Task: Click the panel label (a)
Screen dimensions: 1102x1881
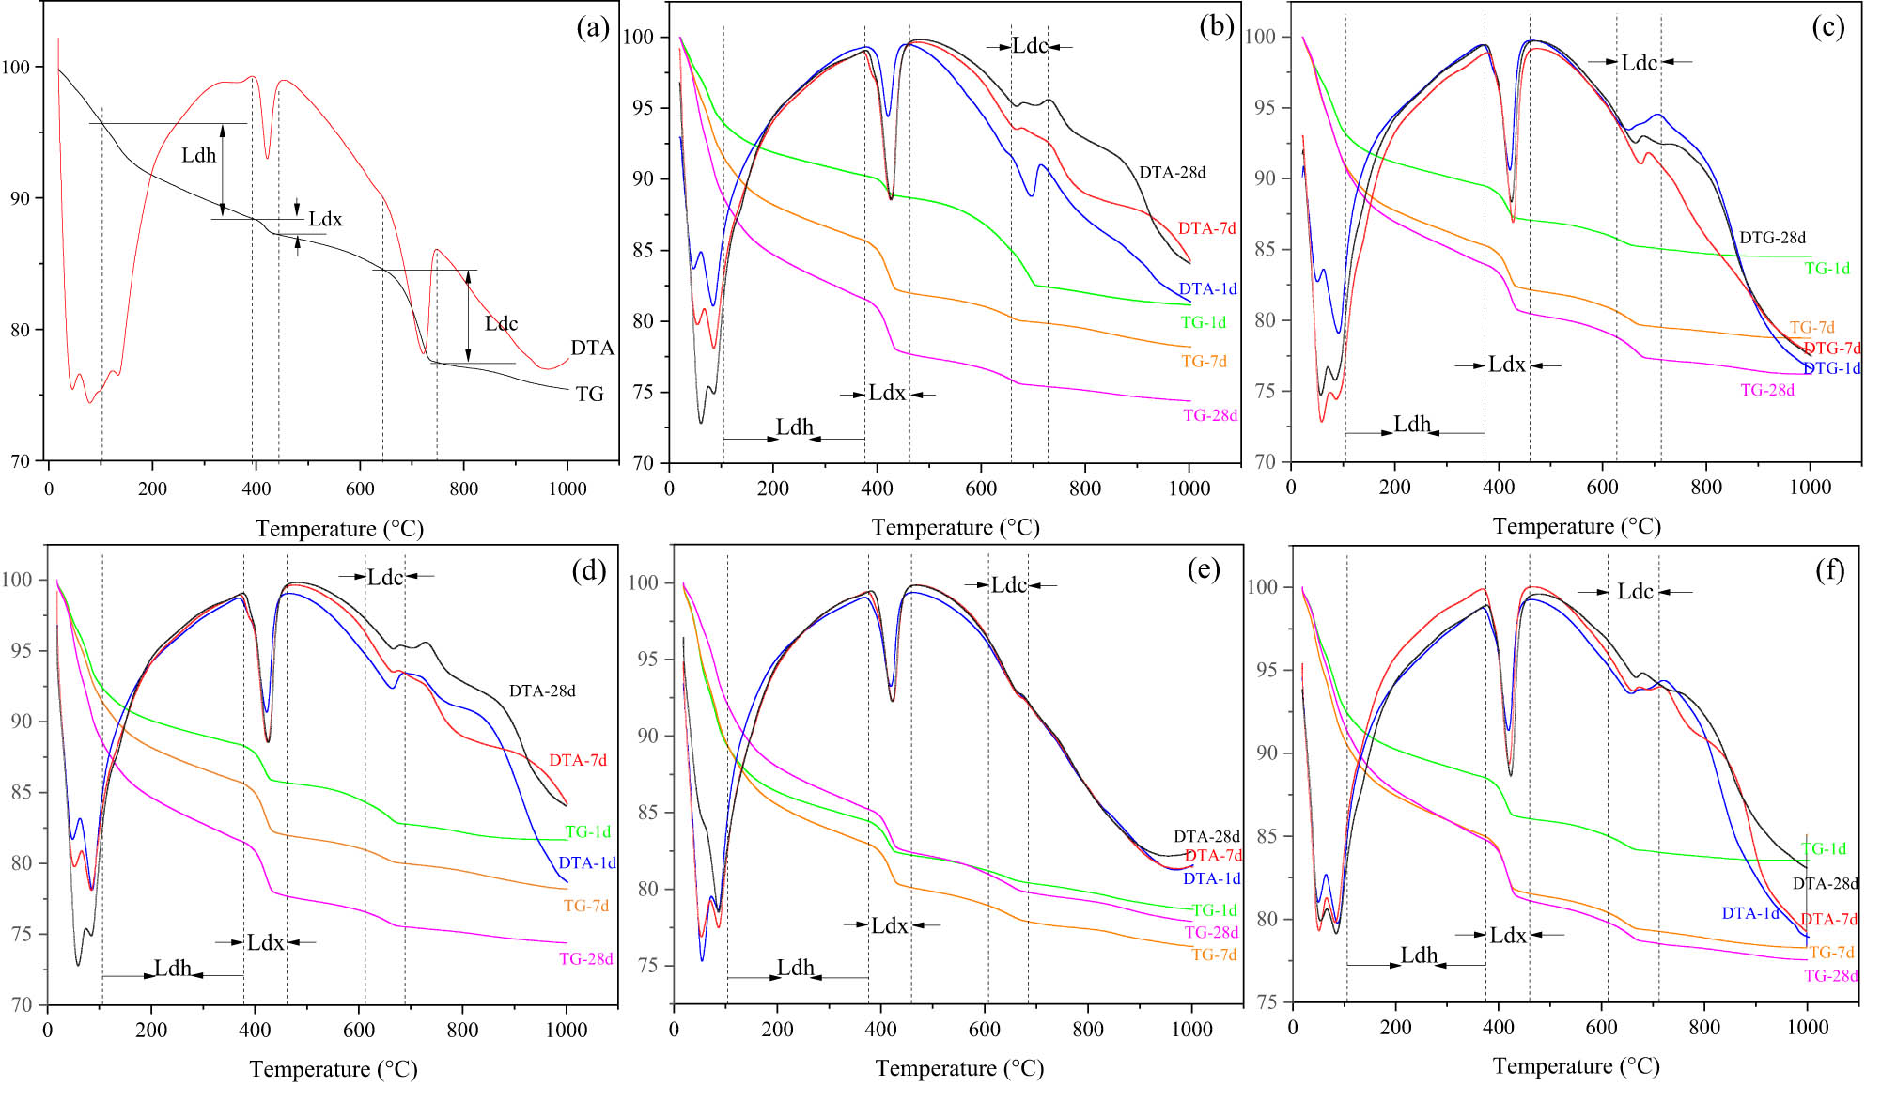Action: (593, 28)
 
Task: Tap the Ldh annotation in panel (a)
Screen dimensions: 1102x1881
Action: (199, 156)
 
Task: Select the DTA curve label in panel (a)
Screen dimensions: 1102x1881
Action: (592, 349)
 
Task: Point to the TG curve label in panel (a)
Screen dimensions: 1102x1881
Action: (590, 395)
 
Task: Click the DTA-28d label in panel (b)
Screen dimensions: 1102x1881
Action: (1172, 173)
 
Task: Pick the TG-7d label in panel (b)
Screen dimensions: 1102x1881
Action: (1204, 362)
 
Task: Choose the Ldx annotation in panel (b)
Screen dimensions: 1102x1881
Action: (887, 394)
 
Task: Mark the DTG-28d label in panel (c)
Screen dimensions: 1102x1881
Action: (1772, 238)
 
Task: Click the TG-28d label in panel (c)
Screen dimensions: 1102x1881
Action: (1767, 391)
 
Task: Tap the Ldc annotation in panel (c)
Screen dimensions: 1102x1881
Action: (1640, 63)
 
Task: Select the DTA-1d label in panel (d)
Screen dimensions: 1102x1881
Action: (587, 863)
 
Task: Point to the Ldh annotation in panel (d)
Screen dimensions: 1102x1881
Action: (173, 969)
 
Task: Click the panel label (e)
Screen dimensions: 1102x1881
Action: (1204, 569)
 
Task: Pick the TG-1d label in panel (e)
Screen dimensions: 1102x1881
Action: (1214, 910)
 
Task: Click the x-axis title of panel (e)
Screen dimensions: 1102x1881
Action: (959, 1069)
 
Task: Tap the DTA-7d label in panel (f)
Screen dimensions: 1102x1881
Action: (1828, 920)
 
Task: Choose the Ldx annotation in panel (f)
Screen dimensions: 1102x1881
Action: (1508, 936)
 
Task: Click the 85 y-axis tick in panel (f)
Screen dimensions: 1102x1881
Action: (1267, 836)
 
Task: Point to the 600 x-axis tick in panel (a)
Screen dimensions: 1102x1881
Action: (360, 489)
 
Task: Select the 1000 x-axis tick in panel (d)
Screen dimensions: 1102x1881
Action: (567, 1030)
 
